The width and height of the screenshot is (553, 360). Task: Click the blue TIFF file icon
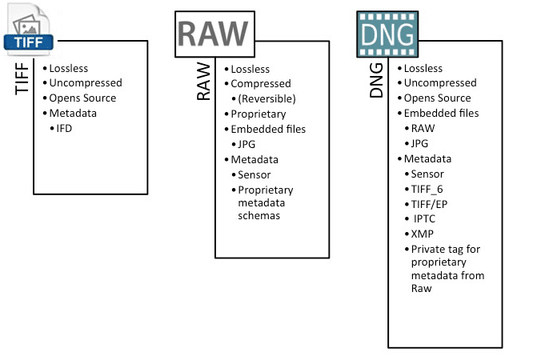pos(28,30)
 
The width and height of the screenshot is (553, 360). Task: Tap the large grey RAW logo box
pos(214,34)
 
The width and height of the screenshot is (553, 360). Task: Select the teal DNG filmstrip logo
pos(387,34)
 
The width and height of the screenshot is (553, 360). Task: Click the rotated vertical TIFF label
pos(22,78)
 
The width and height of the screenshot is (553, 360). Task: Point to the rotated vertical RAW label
pos(203,82)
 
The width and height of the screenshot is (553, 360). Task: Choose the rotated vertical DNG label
pos(376,80)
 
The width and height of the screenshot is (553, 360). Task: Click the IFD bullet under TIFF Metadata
pos(64,128)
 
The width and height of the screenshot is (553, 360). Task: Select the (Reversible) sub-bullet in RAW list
pos(266,98)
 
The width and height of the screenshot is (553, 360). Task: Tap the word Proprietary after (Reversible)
pos(258,114)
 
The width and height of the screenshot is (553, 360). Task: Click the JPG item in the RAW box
pos(246,144)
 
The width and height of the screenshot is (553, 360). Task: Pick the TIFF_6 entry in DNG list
pos(427,190)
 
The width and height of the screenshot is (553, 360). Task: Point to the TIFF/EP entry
pos(429,205)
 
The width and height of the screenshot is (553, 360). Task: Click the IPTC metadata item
pos(424,219)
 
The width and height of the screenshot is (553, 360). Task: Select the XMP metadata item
pos(423,234)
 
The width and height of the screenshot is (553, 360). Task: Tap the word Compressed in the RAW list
pos(261,84)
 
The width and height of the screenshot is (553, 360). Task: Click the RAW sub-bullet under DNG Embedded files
pos(423,128)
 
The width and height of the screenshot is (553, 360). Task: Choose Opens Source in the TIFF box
pos(82,98)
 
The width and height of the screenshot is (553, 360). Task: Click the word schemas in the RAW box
pos(258,216)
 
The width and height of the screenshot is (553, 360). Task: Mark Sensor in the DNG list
pos(427,174)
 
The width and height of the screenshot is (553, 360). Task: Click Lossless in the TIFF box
pos(68,69)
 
